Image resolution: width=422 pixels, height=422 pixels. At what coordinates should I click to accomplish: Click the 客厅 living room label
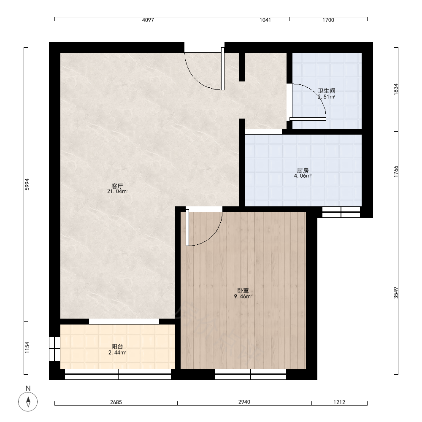[x=117, y=186]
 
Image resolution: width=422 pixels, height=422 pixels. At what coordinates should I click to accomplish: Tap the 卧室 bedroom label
[x=243, y=291]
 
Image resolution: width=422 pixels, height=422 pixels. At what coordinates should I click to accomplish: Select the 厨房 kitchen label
[x=303, y=170]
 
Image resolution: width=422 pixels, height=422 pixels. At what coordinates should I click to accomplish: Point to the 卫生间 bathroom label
[x=327, y=91]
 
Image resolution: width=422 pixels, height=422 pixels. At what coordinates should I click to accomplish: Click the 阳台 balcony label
[x=117, y=346]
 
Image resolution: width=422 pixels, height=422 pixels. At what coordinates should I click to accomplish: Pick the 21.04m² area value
[x=117, y=192]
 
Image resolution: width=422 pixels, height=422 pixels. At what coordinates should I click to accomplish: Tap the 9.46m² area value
[x=243, y=297]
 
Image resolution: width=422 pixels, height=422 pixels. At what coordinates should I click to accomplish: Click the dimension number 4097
[x=148, y=20]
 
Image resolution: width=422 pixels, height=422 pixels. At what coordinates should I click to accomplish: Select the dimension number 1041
[x=265, y=20]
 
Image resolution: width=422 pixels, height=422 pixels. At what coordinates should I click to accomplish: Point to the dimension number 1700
[x=328, y=20]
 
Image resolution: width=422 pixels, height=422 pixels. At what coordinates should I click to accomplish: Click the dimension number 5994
[x=27, y=184]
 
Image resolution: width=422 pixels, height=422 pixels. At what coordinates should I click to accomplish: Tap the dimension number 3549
[x=396, y=293]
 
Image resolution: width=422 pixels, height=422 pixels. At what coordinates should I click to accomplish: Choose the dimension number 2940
[x=244, y=402]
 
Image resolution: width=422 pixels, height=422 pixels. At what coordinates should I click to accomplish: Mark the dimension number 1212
[x=339, y=402]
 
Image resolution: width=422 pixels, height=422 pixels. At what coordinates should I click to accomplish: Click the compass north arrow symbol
[x=28, y=402]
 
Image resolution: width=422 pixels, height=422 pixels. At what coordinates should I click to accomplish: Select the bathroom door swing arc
[x=316, y=93]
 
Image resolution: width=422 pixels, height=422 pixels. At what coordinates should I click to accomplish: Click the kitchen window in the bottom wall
[x=341, y=212]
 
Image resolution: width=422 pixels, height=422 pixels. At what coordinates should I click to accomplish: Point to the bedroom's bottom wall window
[x=251, y=374]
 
